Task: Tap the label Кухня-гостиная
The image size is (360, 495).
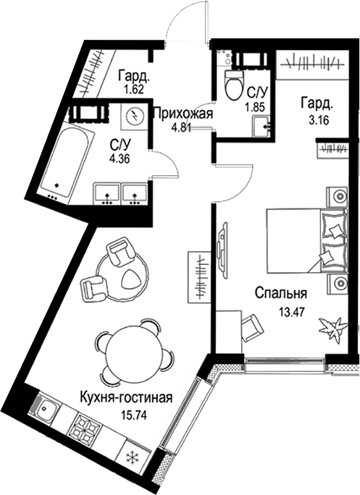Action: tap(127, 397)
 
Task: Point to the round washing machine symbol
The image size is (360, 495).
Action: tap(133, 115)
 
